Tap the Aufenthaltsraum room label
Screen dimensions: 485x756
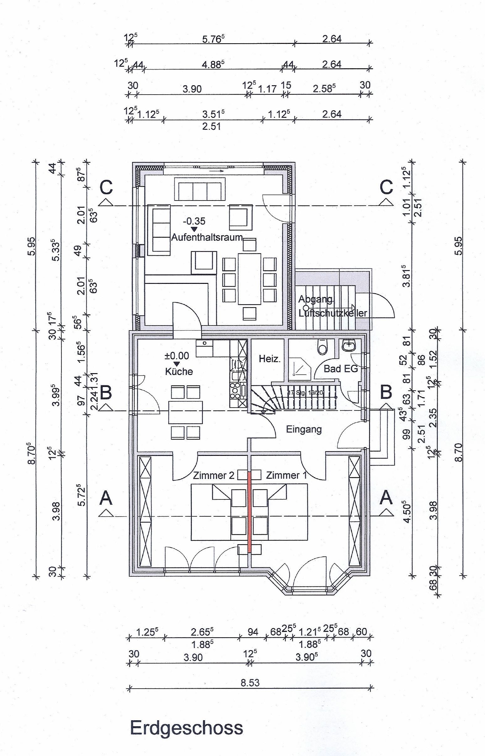(x=207, y=237)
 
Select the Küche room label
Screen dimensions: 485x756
(x=179, y=372)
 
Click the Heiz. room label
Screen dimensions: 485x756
(x=269, y=359)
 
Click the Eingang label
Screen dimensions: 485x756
(x=304, y=429)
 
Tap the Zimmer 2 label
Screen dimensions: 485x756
(x=214, y=475)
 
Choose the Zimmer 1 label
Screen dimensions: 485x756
(x=286, y=475)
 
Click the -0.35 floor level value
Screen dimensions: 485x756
(x=194, y=222)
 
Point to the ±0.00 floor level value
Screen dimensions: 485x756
(x=177, y=356)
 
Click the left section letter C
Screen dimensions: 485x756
(x=106, y=188)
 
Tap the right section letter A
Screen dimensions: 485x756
(x=386, y=498)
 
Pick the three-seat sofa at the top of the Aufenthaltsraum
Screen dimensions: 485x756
(x=200, y=189)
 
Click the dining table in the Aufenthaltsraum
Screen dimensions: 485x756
(x=249, y=279)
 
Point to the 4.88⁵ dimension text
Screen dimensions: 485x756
(x=213, y=64)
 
